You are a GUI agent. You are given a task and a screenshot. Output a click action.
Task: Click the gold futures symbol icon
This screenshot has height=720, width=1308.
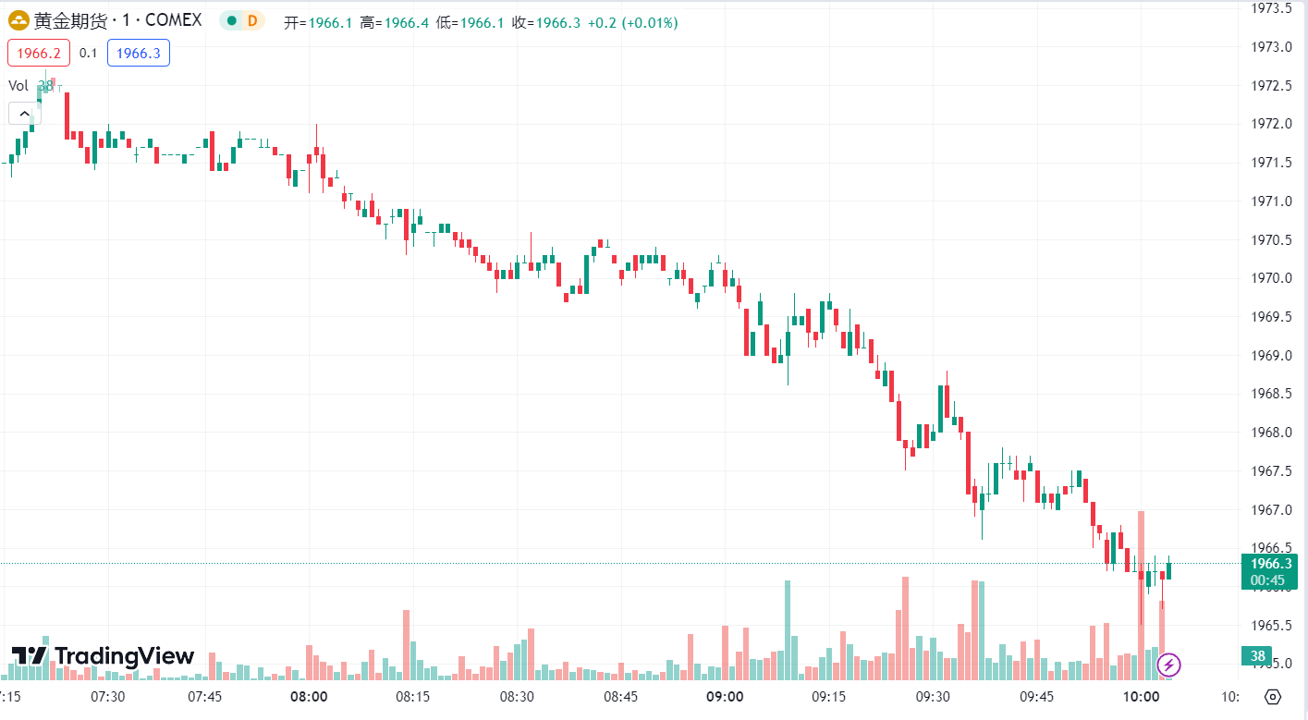pyautogui.click(x=18, y=21)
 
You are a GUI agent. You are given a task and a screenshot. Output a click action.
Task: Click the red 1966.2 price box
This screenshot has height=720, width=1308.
pyautogui.click(x=39, y=53)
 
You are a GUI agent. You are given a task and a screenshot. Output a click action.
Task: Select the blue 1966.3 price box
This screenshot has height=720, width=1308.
pyautogui.click(x=139, y=53)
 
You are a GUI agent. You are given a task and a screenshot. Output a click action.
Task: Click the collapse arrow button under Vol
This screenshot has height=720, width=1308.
pyautogui.click(x=24, y=114)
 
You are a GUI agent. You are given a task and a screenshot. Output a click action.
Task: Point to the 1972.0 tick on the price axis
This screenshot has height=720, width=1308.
pyautogui.click(x=1271, y=124)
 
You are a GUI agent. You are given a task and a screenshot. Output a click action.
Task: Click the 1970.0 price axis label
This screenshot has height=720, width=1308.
pyautogui.click(x=1271, y=278)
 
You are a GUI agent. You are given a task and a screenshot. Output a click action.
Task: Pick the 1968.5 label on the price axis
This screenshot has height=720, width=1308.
pyautogui.click(x=1271, y=394)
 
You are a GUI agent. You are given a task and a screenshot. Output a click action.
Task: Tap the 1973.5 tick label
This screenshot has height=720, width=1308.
pyautogui.click(x=1271, y=8)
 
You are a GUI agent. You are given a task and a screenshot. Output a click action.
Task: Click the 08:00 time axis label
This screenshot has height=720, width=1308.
pyautogui.click(x=309, y=696)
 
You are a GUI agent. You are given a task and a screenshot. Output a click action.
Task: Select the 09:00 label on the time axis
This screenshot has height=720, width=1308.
pyautogui.click(x=725, y=696)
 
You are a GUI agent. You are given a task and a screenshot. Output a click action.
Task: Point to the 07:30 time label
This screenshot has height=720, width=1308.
pyautogui.click(x=108, y=696)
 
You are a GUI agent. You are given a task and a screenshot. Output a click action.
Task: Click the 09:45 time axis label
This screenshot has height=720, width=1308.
pyautogui.click(x=1037, y=696)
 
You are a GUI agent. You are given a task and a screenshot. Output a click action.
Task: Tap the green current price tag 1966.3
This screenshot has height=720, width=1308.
pyautogui.click(x=1270, y=564)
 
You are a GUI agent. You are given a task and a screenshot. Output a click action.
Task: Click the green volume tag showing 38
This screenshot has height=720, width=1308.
pyautogui.click(x=1257, y=656)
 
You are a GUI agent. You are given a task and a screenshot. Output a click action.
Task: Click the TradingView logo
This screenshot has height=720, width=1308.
pyautogui.click(x=103, y=656)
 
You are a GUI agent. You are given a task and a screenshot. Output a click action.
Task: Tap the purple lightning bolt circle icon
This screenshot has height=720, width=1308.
pyautogui.click(x=1169, y=664)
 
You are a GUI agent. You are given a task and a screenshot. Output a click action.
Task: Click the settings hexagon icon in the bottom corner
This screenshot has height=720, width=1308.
pyautogui.click(x=1273, y=697)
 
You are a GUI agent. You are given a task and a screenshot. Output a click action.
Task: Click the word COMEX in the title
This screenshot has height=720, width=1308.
pyautogui.click(x=173, y=21)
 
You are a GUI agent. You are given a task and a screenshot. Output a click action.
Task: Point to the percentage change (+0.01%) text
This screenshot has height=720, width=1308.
pyautogui.click(x=653, y=23)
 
